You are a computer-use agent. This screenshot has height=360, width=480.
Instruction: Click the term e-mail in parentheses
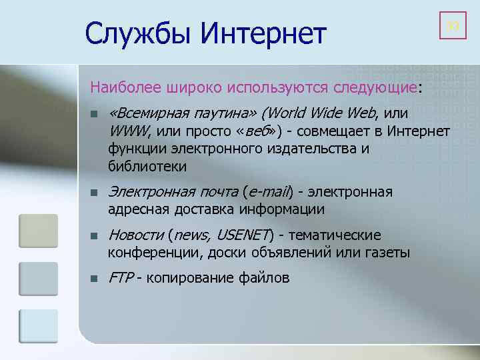click(269, 193)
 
